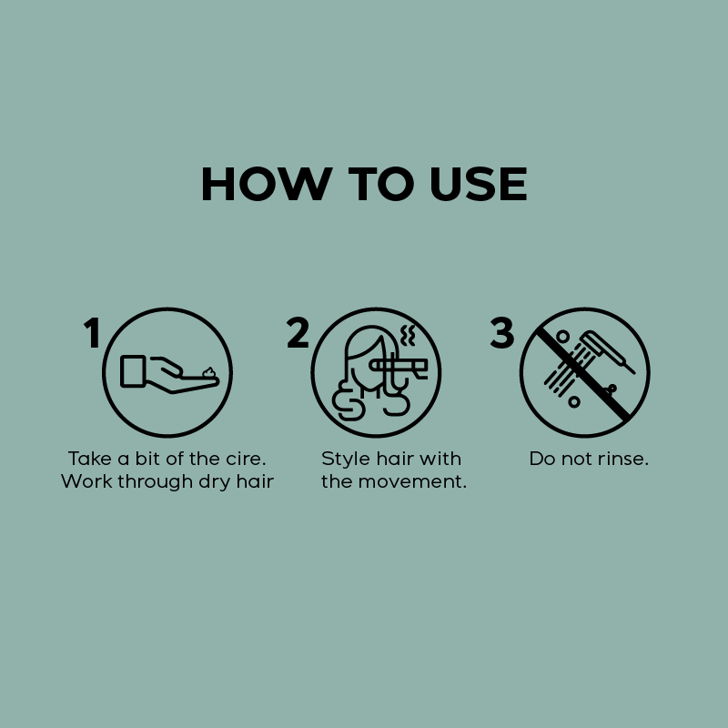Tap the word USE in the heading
click(x=479, y=184)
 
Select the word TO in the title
click(x=381, y=184)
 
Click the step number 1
click(x=93, y=332)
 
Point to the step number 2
click(x=298, y=332)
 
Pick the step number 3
click(x=502, y=332)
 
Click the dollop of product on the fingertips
click(x=209, y=372)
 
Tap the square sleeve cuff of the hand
click(x=133, y=371)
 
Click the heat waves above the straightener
click(x=407, y=335)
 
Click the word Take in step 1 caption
click(x=89, y=459)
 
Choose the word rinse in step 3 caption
click(x=620, y=459)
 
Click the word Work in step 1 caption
click(x=86, y=481)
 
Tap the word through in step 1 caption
click(x=155, y=482)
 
